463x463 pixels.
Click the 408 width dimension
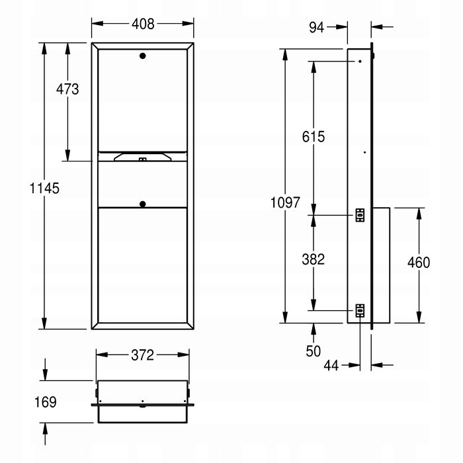tap(143, 24)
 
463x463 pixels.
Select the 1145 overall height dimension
tap(44, 188)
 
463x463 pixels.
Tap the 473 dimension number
tap(67, 89)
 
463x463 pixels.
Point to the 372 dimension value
tap(143, 355)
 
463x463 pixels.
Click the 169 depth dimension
tap(46, 402)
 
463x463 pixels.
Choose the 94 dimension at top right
tap(317, 28)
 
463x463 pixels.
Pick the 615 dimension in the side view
tap(314, 137)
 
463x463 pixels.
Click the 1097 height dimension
tap(285, 202)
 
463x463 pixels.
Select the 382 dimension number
tap(314, 259)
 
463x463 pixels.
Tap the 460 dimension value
tap(419, 263)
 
